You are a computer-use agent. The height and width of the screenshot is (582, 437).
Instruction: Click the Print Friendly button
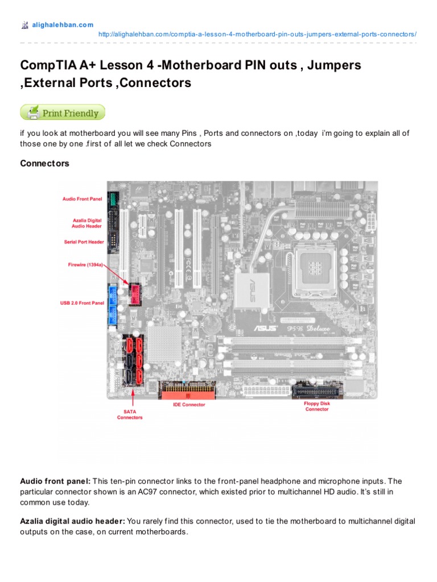pos(63,113)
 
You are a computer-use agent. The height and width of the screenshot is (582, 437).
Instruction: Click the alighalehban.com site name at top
pos(62,25)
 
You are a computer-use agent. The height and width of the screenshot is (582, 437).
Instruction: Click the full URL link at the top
pos(257,34)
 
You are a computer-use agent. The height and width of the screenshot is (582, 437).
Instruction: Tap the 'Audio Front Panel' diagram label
pos(83,199)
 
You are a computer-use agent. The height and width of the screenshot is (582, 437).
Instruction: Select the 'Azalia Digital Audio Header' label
pos(87,222)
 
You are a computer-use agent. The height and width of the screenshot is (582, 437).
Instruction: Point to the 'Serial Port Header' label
pos(84,242)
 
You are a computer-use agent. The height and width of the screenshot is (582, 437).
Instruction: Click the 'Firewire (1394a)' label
pos(85,264)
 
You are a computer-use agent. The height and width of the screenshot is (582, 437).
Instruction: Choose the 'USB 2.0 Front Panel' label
pos(83,303)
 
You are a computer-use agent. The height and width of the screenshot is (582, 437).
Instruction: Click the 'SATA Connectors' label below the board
pos(130,414)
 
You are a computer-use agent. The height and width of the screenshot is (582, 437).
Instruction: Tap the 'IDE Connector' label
pos(189,405)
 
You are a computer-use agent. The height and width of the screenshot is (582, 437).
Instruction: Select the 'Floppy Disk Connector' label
pos(317,406)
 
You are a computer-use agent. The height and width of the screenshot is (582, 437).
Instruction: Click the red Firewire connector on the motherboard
pos(135,293)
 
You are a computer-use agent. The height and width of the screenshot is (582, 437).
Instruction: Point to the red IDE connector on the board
pos(189,392)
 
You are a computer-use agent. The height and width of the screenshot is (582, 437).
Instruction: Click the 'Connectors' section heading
pos(44,164)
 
